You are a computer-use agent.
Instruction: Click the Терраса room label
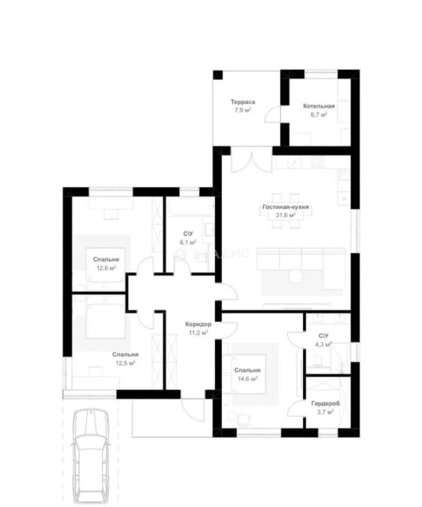point(242,102)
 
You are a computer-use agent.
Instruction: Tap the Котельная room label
point(319,106)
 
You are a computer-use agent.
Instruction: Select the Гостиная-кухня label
point(285,207)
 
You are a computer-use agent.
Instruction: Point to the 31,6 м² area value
point(285,215)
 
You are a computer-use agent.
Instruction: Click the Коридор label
point(198,324)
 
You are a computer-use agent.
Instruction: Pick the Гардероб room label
point(326,404)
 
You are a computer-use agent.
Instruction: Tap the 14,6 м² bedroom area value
point(248,379)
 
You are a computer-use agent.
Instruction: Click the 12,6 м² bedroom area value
point(106,268)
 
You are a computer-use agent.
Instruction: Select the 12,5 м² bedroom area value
point(125,363)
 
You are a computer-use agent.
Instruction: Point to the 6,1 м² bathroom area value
point(188,242)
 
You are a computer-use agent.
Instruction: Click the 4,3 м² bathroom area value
point(323,345)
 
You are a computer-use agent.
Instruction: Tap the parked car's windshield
point(91,443)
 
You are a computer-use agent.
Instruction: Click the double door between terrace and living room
point(251,162)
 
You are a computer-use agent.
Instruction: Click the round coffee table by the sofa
point(295,276)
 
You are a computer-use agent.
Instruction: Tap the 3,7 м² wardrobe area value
point(325,412)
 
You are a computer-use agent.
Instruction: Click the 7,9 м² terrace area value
point(242,110)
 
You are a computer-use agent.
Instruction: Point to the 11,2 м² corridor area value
point(198,332)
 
